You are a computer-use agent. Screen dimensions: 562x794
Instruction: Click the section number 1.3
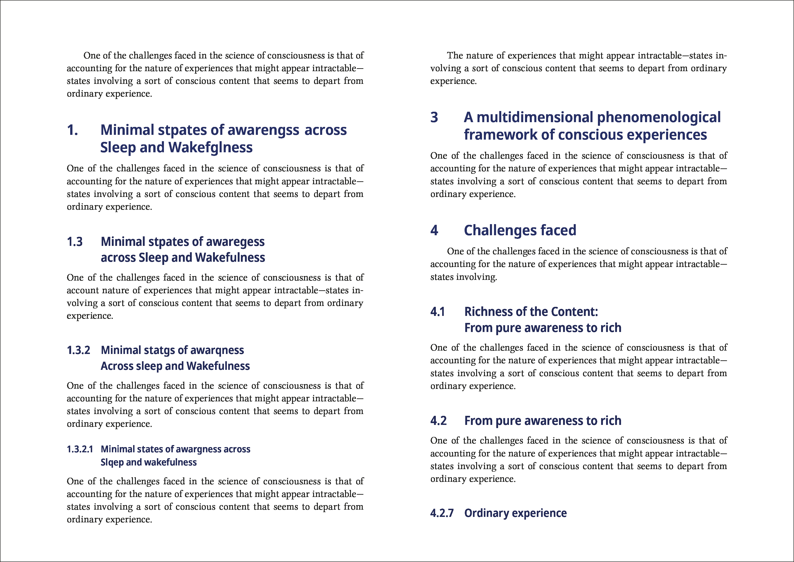click(75, 242)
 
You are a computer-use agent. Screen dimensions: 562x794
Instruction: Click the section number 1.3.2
click(79, 350)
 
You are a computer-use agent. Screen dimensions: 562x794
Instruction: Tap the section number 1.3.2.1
click(80, 449)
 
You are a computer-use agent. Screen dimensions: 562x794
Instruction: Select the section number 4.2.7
click(442, 513)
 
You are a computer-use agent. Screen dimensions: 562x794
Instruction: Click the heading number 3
click(434, 117)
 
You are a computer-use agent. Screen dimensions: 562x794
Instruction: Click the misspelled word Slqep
click(112, 462)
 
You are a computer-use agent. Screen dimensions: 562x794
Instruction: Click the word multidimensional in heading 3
click(535, 117)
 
